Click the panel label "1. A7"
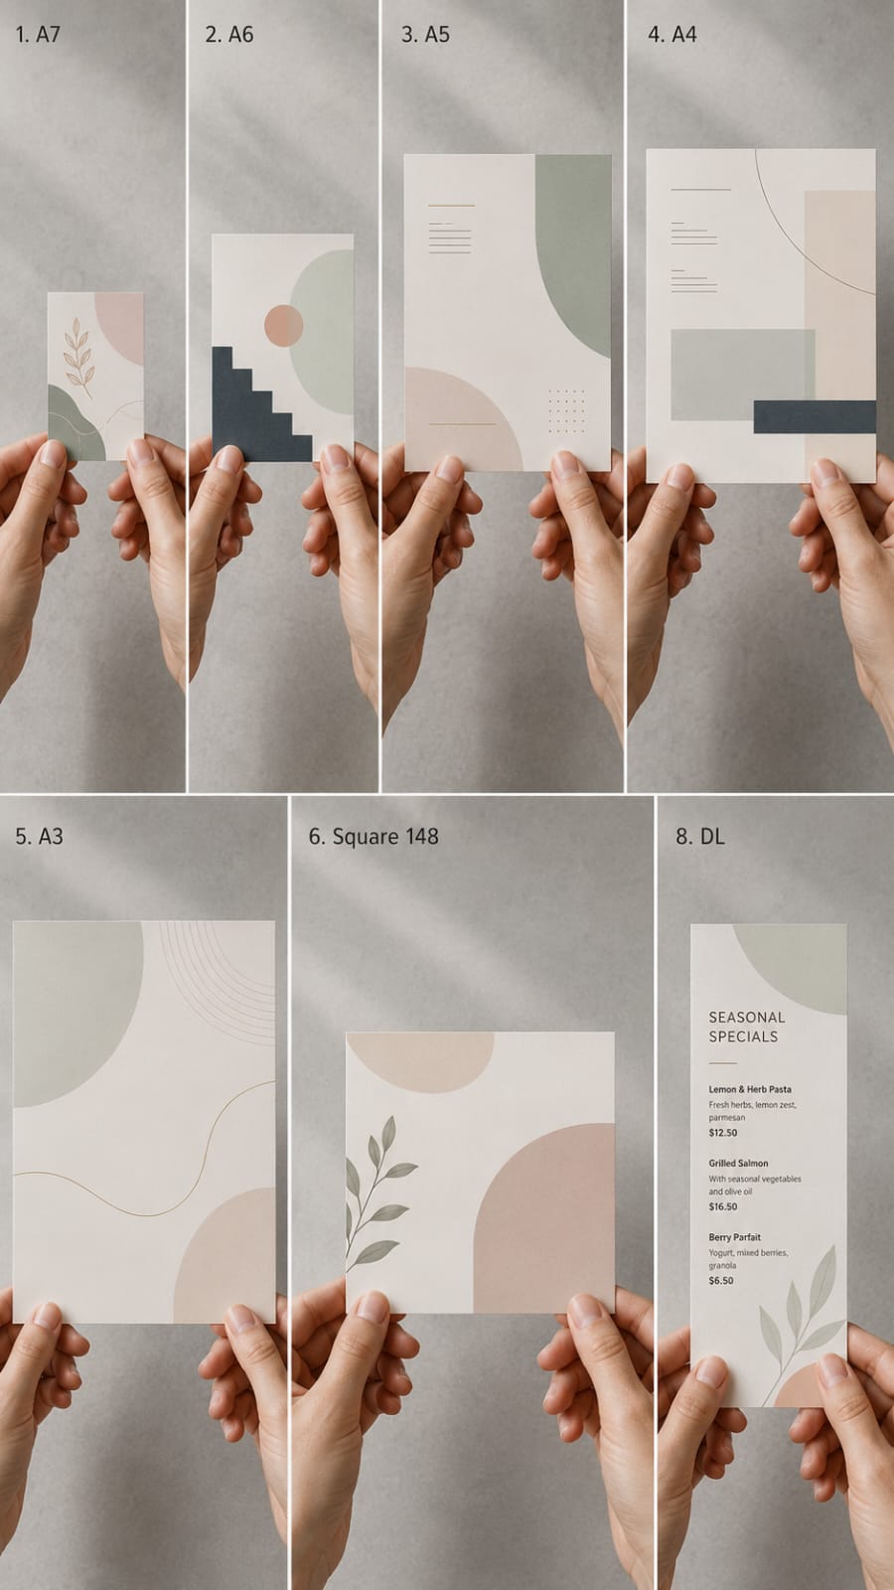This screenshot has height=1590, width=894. click(x=39, y=34)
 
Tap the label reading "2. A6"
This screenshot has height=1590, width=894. click(x=229, y=34)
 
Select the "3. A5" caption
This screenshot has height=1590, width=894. click(x=426, y=34)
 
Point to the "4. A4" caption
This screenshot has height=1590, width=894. click(x=671, y=34)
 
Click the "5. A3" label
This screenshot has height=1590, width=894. click(x=39, y=836)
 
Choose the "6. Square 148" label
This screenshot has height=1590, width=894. click(x=373, y=836)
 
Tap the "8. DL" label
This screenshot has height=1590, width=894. click(x=699, y=836)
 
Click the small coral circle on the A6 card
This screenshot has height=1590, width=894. click(x=284, y=326)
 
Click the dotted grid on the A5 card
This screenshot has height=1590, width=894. click(x=567, y=410)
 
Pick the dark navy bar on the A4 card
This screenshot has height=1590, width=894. click(x=815, y=416)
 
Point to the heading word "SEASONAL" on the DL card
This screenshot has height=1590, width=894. click(x=746, y=1018)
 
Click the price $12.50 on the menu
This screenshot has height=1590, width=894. click(x=722, y=1132)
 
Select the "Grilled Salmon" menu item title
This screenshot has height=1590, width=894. click(x=738, y=1163)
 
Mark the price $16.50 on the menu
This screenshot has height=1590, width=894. click(x=722, y=1206)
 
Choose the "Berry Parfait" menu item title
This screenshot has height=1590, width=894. click(x=734, y=1236)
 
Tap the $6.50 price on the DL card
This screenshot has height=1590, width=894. click(x=721, y=1281)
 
